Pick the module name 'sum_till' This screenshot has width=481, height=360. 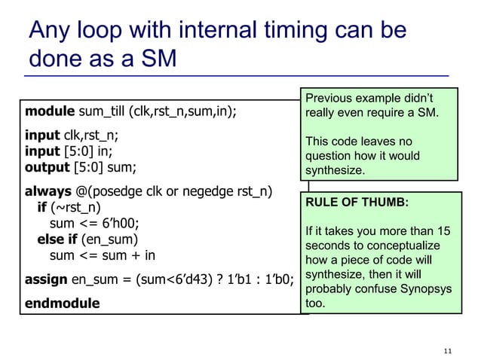pos(103,113)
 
